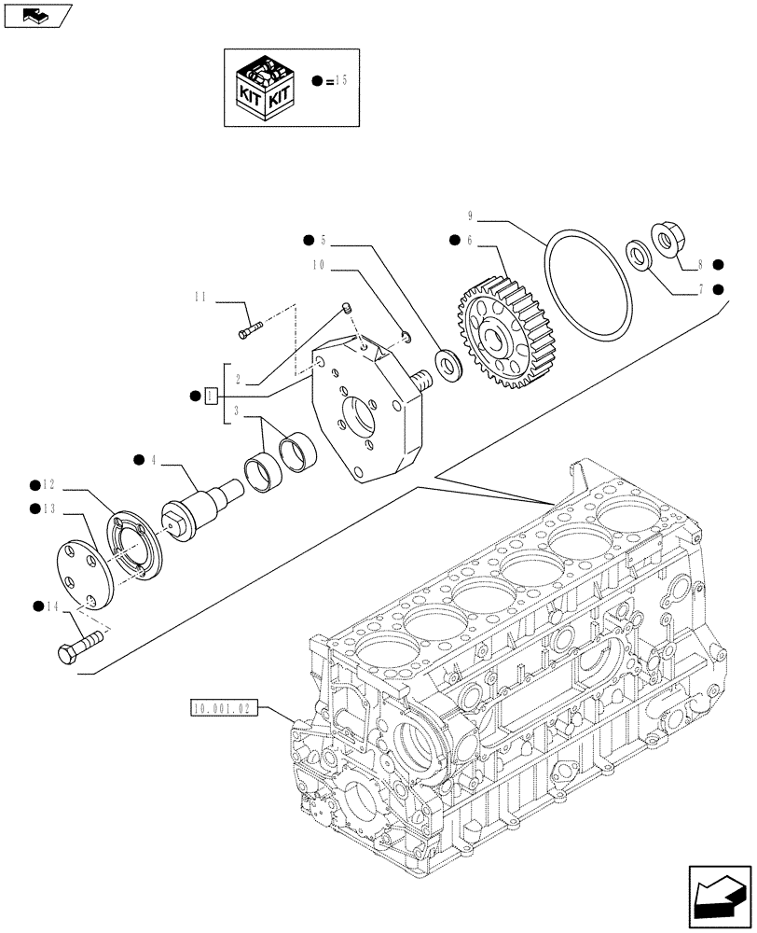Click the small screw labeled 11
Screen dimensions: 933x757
(250, 328)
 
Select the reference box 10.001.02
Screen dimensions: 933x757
(223, 708)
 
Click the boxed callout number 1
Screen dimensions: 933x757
(212, 397)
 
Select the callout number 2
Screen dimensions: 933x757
(239, 381)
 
